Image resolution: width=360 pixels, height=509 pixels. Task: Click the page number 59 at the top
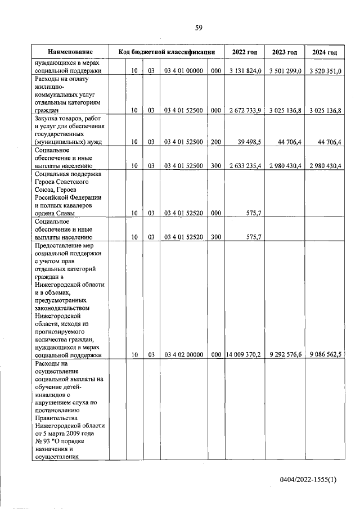(x=199, y=28)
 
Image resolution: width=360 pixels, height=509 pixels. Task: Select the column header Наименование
(x=70, y=52)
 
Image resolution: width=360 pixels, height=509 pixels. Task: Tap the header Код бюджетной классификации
(x=167, y=52)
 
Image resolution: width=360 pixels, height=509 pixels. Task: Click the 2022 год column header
(x=245, y=52)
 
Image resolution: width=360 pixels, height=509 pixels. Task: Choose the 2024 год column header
(x=324, y=52)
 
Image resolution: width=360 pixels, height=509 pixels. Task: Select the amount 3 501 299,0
(x=285, y=71)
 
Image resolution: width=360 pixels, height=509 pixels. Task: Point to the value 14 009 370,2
(x=243, y=355)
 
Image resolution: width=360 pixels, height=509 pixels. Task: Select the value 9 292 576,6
(x=285, y=355)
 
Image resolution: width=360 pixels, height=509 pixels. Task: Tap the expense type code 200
(x=215, y=142)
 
